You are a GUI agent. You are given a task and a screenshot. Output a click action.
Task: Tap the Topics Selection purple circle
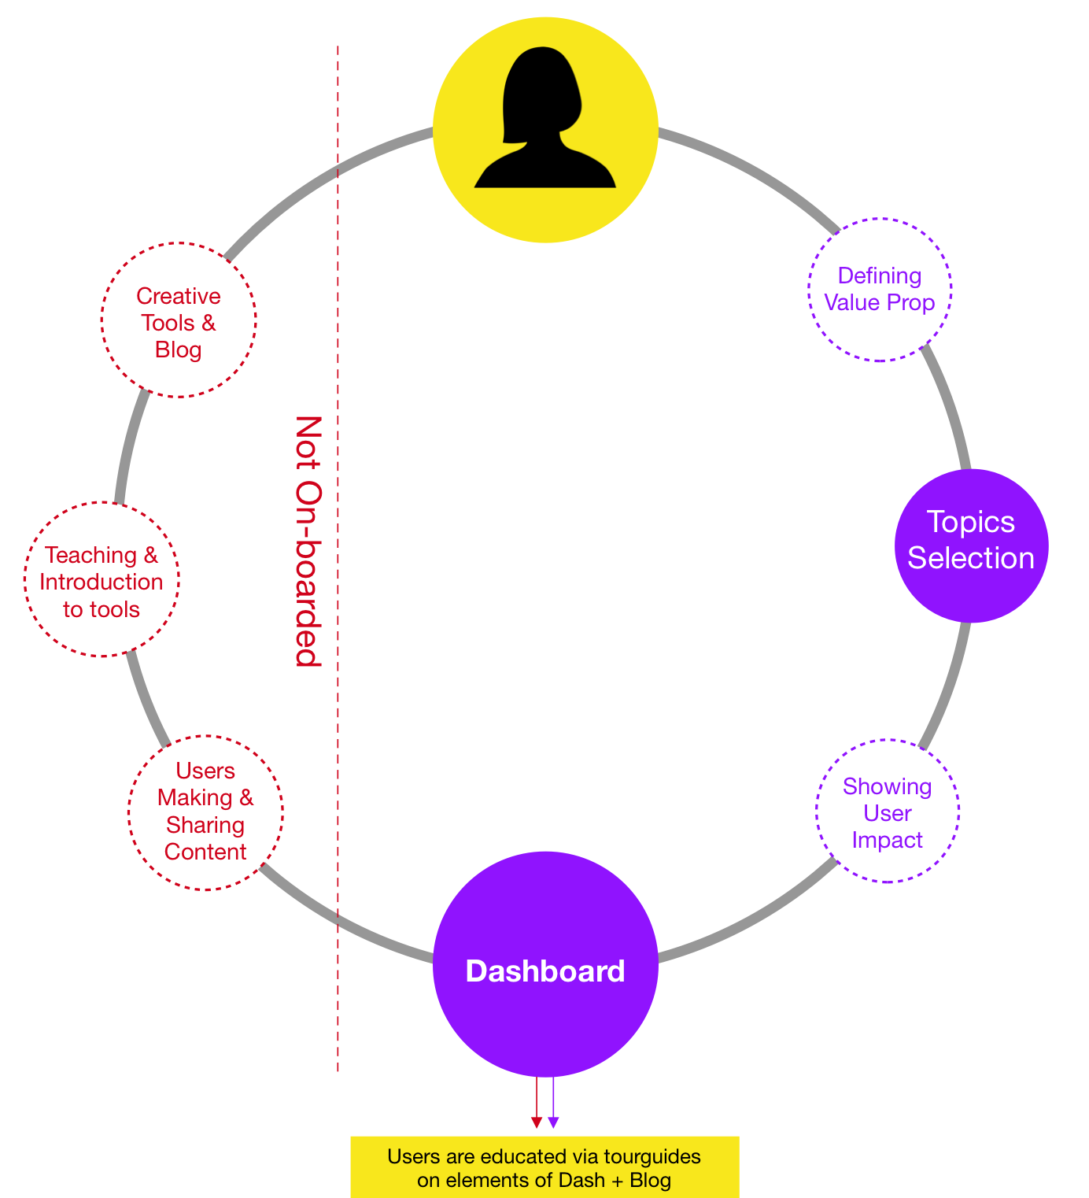972,545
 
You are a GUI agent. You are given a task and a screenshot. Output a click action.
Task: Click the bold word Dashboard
545,971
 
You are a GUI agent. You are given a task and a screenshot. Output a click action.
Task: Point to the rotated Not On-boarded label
308,541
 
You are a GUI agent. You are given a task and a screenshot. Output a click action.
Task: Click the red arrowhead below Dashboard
536,1122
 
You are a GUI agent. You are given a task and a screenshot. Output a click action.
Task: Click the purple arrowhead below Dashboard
553,1122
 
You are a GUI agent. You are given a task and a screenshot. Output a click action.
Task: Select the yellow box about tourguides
544,1167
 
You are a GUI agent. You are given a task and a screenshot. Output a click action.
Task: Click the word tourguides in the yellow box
652,1157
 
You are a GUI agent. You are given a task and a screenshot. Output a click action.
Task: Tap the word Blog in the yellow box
650,1181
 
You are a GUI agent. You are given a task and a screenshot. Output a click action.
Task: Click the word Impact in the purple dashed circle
888,841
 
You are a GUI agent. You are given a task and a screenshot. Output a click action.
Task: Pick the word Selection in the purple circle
971,558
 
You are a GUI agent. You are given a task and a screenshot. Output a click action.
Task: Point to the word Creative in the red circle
179,296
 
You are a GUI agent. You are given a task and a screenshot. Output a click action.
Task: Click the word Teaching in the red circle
91,556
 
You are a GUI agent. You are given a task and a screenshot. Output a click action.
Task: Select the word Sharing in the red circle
205,826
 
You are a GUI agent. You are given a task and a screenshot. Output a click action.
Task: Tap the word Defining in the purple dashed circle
880,276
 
